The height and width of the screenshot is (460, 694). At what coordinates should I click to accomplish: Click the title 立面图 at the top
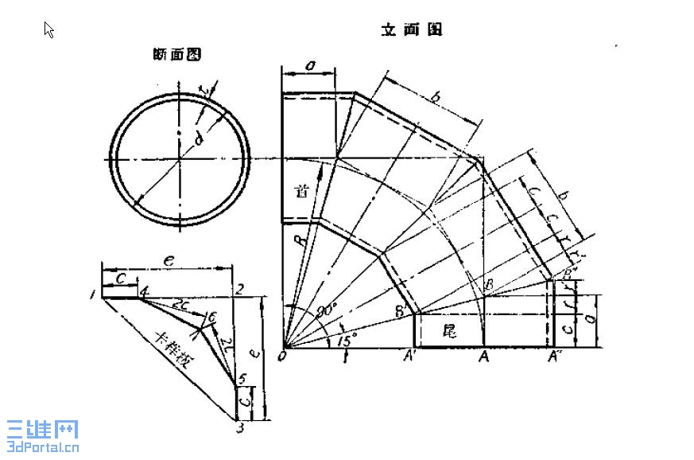tap(411, 30)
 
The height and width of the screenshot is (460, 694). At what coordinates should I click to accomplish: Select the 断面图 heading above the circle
tap(176, 55)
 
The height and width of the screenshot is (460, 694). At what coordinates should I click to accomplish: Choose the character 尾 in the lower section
tap(449, 332)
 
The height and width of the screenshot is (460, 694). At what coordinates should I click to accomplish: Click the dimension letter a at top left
tap(308, 66)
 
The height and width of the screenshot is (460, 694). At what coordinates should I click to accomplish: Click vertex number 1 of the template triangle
tap(94, 295)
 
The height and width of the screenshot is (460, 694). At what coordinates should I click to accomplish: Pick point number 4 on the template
tap(144, 293)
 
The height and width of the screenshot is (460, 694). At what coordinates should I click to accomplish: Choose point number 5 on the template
tap(241, 379)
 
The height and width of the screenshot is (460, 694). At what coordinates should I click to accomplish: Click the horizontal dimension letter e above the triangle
tap(167, 259)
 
